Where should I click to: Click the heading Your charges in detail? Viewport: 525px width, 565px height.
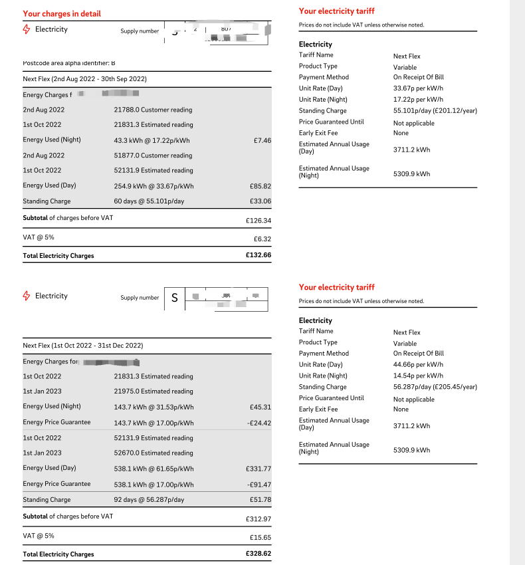pos(62,13)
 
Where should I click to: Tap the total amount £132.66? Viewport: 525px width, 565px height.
pos(258,255)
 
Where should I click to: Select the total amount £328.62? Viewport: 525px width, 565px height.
pos(258,554)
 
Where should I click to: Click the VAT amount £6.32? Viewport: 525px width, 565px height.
pos(262,239)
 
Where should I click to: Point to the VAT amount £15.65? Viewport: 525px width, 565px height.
pos(260,536)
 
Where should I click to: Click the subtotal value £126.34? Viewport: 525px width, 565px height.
pos(258,220)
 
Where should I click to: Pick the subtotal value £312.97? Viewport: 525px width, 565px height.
pos(258,518)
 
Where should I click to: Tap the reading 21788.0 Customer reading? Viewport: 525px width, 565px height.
pos(153,110)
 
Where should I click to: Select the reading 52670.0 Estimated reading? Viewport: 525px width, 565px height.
pos(154,453)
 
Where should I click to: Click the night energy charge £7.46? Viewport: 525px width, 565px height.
pos(262,140)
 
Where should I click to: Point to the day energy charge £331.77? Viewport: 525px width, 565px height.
pos(258,469)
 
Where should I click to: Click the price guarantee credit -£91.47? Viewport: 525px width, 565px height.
pos(259,485)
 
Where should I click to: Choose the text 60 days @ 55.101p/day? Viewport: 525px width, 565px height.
pos(149,201)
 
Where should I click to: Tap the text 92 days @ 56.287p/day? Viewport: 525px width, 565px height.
pos(149,500)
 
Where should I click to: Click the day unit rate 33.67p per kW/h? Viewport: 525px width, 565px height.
pos(418,88)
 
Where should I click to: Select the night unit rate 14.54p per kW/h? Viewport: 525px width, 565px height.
pos(418,376)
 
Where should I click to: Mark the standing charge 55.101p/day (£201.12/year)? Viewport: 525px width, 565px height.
pos(435,111)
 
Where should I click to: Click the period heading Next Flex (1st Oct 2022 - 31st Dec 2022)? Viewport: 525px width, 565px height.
pos(83,346)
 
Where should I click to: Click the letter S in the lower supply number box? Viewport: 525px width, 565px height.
pos(175,298)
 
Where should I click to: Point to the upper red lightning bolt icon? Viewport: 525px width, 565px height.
pos(27,29)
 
